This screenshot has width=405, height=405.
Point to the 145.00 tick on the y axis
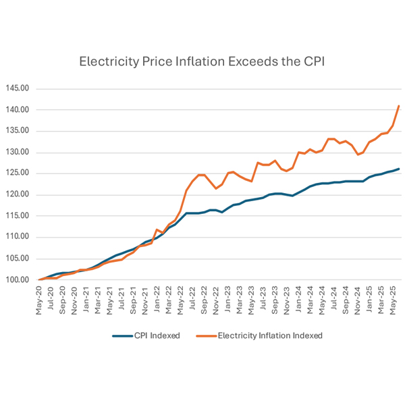19,88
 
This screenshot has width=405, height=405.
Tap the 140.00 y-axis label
19,110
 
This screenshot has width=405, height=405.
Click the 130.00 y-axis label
19,153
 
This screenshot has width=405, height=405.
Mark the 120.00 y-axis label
19,195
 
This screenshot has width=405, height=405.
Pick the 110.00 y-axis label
19,237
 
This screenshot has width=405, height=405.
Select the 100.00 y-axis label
19,279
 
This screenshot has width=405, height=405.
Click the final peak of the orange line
399,106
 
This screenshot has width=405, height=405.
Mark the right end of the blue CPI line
399,169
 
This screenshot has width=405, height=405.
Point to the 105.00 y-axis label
19,259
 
